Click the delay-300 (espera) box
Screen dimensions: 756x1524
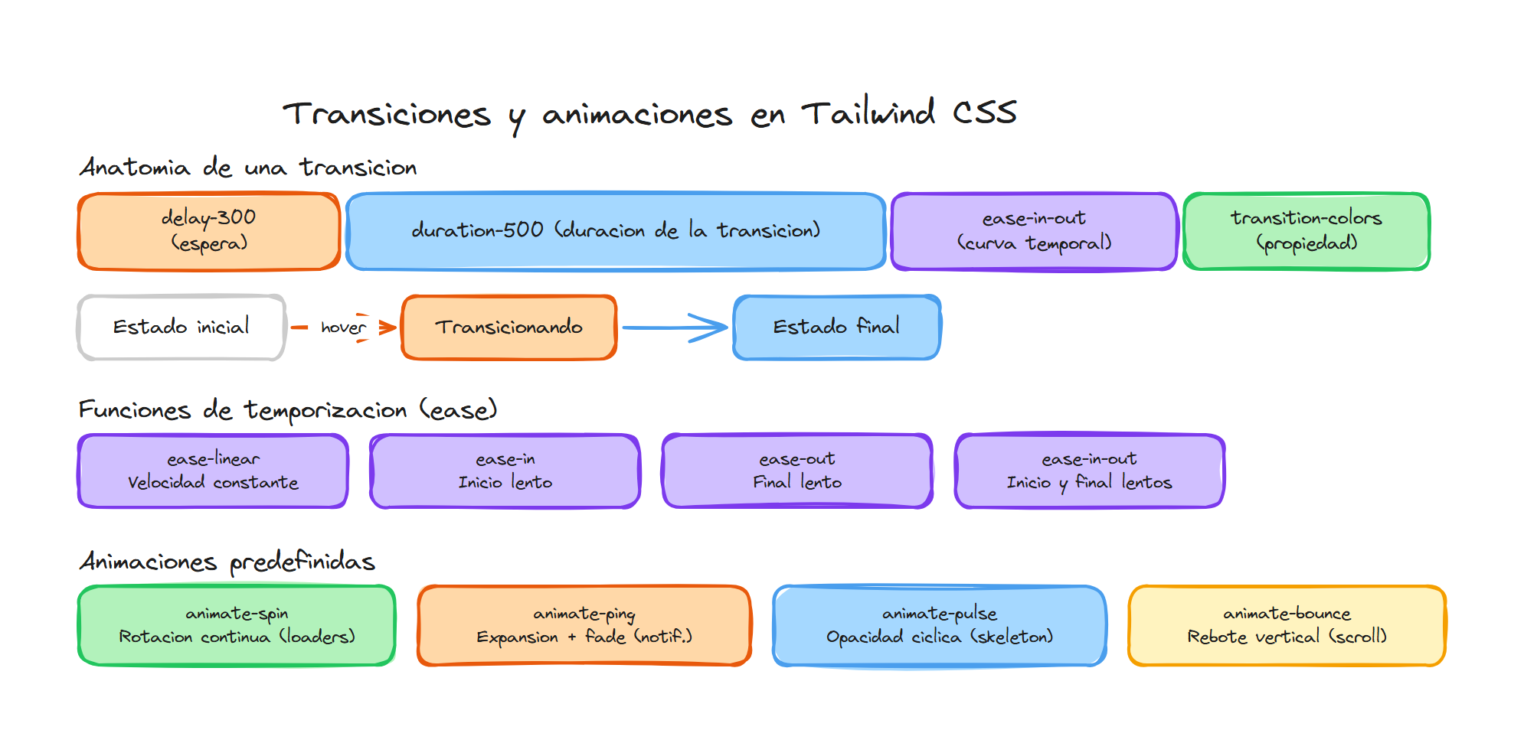[x=208, y=231]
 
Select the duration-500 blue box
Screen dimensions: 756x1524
[x=616, y=231]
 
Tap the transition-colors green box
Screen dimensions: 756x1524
[x=1306, y=231]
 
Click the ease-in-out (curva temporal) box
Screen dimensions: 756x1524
[x=1034, y=231]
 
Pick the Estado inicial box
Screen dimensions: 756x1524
[x=182, y=327]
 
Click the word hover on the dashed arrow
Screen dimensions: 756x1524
[x=342, y=327]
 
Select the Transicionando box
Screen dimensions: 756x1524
[x=509, y=327]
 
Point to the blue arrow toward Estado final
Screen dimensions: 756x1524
[x=674, y=327]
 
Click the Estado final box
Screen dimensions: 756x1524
[x=836, y=327]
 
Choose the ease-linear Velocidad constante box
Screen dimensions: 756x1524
[x=213, y=471]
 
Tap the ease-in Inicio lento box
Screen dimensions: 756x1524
[x=505, y=471]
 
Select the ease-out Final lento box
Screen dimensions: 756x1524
[x=797, y=471]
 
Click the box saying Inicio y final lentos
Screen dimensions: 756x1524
[x=1089, y=471]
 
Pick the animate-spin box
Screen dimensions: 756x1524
[x=237, y=626]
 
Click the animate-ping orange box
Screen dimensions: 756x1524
[x=584, y=626]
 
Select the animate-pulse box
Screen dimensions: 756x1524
[x=940, y=626]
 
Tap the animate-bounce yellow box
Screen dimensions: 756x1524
[x=1287, y=626]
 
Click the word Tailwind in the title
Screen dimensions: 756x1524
[x=868, y=114]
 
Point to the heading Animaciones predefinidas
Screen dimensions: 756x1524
[x=227, y=562]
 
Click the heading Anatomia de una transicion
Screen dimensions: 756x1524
[x=248, y=168]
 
